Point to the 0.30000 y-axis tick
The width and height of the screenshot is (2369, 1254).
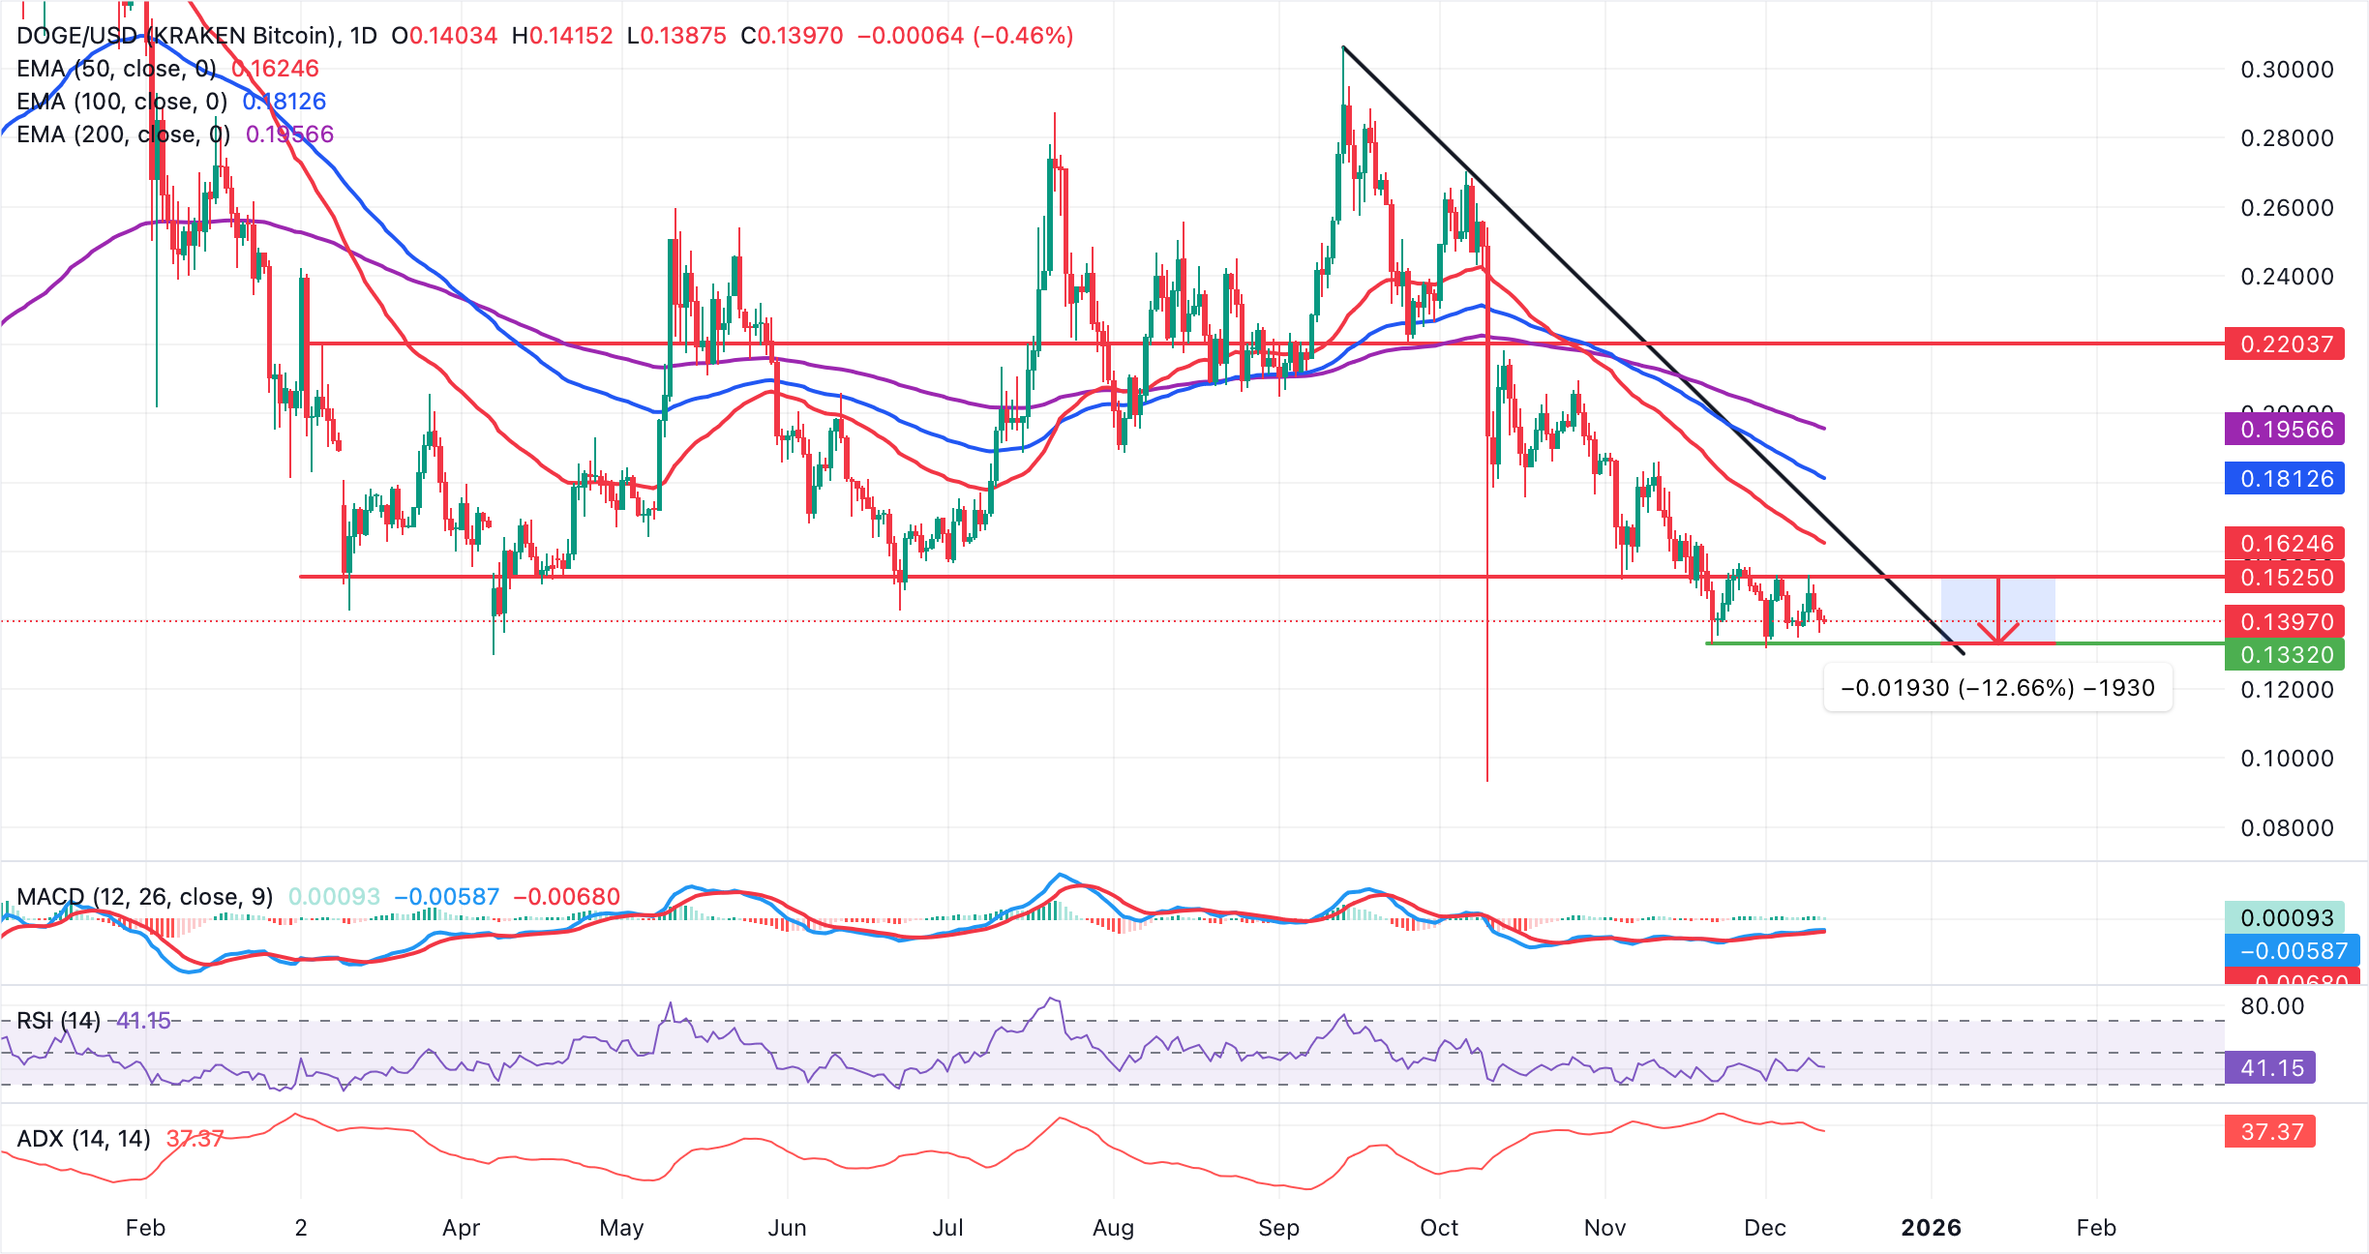click(2287, 70)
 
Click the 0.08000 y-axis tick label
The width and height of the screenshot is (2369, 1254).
click(2287, 828)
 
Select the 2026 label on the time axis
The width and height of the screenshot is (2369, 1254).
click(1931, 1228)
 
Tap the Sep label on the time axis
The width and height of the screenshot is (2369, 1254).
click(1278, 1228)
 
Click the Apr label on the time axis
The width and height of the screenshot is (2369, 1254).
click(461, 1228)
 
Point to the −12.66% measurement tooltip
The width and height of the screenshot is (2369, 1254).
click(1997, 688)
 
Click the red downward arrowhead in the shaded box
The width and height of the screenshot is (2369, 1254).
click(1997, 634)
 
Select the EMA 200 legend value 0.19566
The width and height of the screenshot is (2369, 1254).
click(289, 134)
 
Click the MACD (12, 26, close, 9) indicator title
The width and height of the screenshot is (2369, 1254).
click(145, 897)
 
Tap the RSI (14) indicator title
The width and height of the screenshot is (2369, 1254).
click(59, 1021)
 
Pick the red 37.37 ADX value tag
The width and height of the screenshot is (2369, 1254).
click(2270, 1132)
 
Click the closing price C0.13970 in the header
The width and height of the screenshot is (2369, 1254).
click(792, 36)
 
